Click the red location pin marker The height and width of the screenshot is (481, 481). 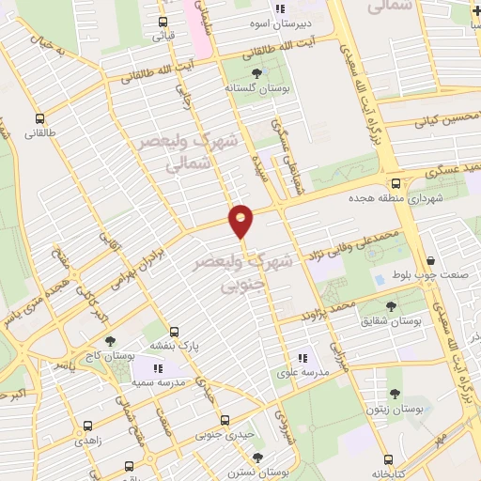pyautogui.click(x=241, y=220)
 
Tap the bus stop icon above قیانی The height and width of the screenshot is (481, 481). pyautogui.click(x=163, y=23)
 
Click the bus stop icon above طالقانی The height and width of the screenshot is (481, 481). pyautogui.click(x=39, y=119)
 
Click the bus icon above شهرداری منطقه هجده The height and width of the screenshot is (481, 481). pyautogui.click(x=396, y=183)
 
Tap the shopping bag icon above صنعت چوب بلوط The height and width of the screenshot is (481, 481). pyautogui.click(x=430, y=261)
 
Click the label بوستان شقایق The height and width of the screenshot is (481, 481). pyautogui.click(x=390, y=320)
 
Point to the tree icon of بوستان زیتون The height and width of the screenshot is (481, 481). pyautogui.click(x=394, y=395)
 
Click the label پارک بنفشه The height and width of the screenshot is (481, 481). pyautogui.click(x=175, y=347)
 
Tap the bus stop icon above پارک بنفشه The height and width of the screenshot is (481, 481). pyautogui.click(x=174, y=332)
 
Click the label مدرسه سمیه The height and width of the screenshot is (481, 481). pyautogui.click(x=155, y=382)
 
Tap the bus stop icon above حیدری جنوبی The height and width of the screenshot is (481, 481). pyautogui.click(x=223, y=421)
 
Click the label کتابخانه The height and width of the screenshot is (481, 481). pyautogui.click(x=386, y=473)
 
